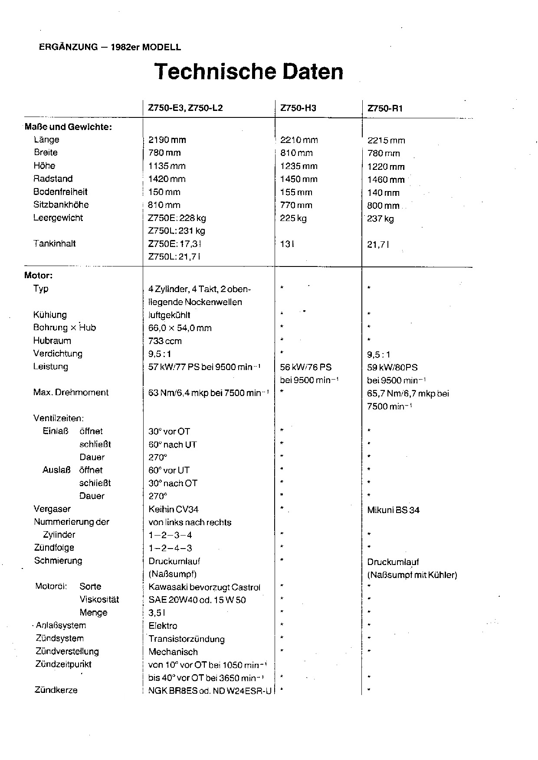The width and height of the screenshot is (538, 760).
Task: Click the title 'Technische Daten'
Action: tap(249, 72)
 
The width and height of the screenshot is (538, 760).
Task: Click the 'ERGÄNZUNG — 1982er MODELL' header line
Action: tap(110, 48)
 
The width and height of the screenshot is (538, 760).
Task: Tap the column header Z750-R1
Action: tap(385, 109)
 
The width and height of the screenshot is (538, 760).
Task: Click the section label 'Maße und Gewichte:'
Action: tap(69, 127)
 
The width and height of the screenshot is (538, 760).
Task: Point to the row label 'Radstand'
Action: tap(53, 179)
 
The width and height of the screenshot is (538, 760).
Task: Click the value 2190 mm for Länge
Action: tap(167, 140)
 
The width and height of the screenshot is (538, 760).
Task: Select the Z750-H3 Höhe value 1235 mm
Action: tap(299, 166)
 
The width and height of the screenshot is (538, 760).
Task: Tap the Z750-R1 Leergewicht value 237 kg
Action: tap(381, 219)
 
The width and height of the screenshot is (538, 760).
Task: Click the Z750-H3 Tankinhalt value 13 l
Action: tap(287, 244)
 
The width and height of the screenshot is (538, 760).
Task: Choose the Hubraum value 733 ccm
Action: tap(165, 341)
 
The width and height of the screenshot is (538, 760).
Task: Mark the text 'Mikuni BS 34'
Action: tap(393, 510)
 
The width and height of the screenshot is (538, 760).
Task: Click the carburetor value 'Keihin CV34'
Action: tap(173, 510)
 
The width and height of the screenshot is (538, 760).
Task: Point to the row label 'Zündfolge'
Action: tap(54, 548)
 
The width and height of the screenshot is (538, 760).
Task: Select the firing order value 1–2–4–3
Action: tap(170, 548)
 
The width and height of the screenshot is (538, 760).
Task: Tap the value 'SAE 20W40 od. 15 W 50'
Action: tap(197, 600)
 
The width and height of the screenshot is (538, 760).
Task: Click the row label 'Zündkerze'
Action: tap(56, 690)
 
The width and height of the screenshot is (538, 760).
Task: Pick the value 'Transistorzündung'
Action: tap(187, 639)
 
